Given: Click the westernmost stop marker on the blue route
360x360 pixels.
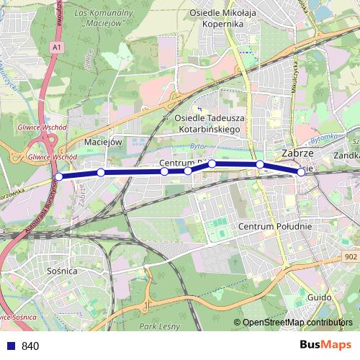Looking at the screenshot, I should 59,176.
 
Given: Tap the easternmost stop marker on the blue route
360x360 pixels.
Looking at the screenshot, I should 301,172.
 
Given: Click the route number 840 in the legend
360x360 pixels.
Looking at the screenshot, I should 30,346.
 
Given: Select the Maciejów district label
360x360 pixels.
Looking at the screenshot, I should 101,142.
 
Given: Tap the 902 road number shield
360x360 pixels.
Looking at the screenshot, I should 350,256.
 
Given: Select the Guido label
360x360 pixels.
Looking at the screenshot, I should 318,296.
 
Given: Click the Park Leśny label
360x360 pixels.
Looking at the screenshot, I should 158,328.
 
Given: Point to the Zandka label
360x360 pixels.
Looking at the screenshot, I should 346,155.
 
